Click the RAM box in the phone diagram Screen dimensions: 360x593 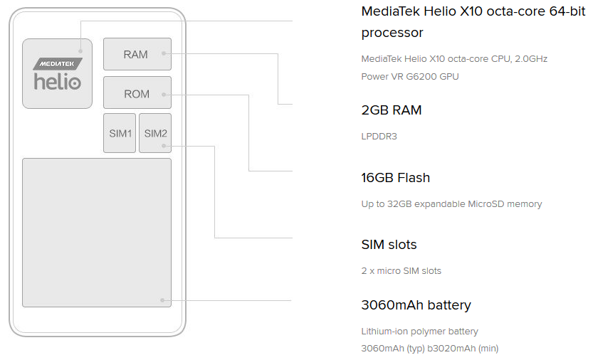click(x=137, y=54)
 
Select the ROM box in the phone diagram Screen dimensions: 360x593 click(x=137, y=93)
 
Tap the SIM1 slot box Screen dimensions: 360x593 click(x=120, y=133)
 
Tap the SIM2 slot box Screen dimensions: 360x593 click(x=155, y=133)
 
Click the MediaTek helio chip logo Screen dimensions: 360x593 click(x=57, y=74)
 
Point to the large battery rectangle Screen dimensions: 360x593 click(x=97, y=232)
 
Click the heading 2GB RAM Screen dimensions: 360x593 click(x=392, y=110)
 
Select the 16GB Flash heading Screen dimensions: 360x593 click(x=396, y=178)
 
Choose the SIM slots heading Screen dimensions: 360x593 click(x=389, y=245)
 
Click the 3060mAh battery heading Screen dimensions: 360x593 click(x=416, y=305)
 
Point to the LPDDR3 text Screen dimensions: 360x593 click(x=379, y=136)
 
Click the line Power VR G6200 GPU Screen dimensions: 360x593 click(x=410, y=76)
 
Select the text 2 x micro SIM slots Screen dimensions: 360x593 click(x=402, y=270)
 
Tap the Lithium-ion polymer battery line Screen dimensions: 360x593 click(x=420, y=331)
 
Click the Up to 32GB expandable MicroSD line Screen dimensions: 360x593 click(x=451, y=203)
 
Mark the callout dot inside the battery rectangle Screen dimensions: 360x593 click(x=163, y=300)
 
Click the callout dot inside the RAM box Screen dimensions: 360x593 click(x=163, y=53)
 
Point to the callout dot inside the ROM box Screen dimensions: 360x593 click(x=163, y=94)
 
